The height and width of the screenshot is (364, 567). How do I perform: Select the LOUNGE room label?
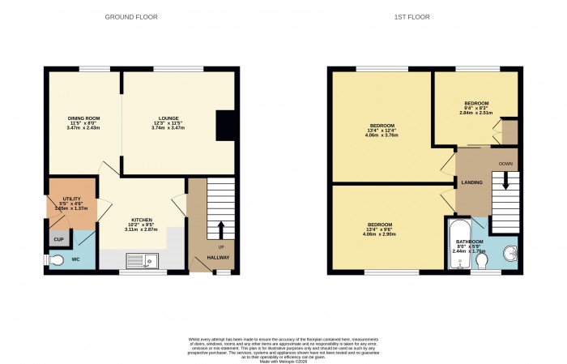coord(168,118)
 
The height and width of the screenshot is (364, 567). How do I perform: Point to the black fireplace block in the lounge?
coord(223,125)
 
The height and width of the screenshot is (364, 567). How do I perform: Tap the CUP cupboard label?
coord(58,240)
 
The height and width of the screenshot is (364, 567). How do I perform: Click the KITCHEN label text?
coord(142,219)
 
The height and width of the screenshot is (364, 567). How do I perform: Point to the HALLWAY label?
coord(218,258)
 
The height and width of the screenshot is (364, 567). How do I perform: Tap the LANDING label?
coord(472,182)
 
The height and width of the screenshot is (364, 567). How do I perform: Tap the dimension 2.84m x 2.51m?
coord(475,113)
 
